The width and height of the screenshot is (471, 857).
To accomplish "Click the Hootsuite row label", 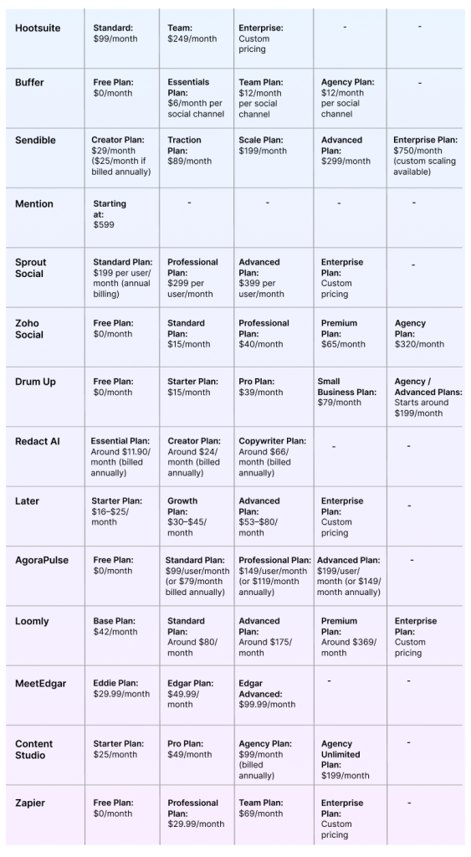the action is tap(38, 28).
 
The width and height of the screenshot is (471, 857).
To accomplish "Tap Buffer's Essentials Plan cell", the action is tap(195, 98).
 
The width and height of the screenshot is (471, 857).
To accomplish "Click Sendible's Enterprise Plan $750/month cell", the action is tap(425, 156).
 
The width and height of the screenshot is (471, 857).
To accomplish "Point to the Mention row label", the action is tap(34, 204).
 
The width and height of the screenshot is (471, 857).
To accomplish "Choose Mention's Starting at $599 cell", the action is tap(110, 214).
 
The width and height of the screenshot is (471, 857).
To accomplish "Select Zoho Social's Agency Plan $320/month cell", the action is tap(419, 333).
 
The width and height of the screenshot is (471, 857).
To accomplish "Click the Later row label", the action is tap(27, 501).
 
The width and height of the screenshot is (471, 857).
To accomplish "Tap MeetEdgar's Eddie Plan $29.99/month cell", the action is tap(121, 689).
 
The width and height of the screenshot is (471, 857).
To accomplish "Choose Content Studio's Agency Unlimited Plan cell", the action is tap(345, 759).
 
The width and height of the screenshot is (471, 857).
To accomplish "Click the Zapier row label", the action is tap(30, 803).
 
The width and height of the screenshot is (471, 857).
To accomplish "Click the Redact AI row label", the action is tap(38, 441).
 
